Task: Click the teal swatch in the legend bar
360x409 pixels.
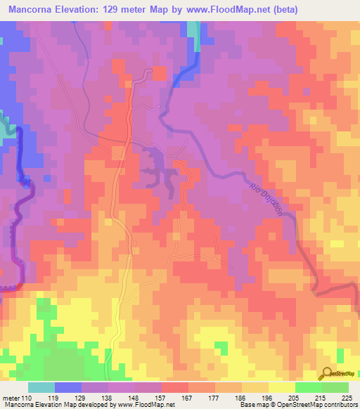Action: point(41,387)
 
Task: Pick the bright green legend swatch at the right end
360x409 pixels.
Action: point(335,387)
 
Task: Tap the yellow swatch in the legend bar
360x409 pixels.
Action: point(281,387)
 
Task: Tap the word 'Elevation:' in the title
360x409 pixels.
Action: point(93,10)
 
